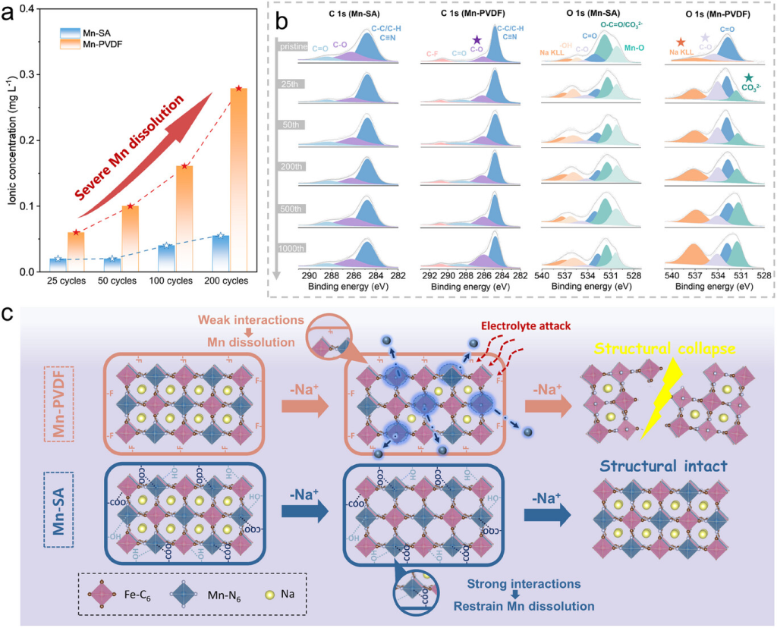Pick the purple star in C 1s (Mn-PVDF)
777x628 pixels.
[x=477, y=39]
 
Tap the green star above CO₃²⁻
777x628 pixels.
[x=748, y=78]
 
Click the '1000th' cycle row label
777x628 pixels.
[x=291, y=248]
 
